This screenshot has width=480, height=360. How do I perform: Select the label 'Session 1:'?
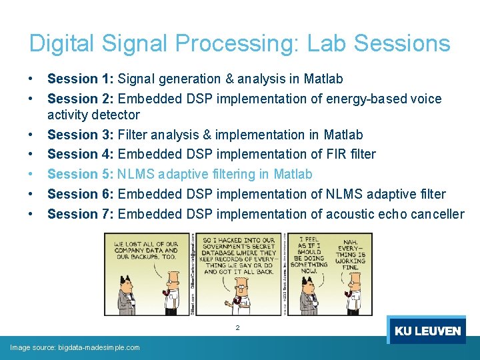(x=81, y=79)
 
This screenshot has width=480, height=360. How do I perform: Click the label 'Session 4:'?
(x=81, y=155)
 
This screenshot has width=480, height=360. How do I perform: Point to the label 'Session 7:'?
(x=81, y=214)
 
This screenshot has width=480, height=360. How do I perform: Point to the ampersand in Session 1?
(x=230, y=79)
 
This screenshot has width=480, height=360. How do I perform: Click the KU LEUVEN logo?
(x=427, y=331)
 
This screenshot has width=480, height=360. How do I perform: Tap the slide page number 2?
(x=237, y=327)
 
